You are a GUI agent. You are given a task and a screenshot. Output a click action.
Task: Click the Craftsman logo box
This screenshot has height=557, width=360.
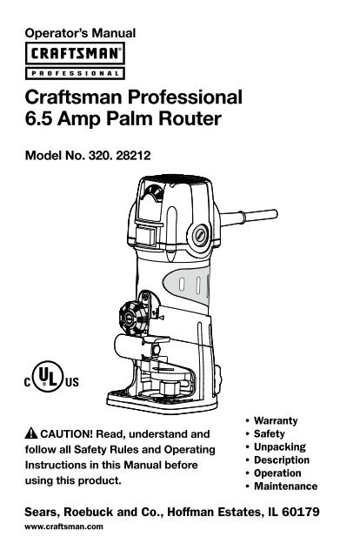coord(75,53)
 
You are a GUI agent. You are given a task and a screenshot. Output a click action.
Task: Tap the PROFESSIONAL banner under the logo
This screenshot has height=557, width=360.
coord(75,73)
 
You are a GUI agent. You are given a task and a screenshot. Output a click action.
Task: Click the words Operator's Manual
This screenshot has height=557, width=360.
coord(80,33)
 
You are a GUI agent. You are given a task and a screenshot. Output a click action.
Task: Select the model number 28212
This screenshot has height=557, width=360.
coord(133,156)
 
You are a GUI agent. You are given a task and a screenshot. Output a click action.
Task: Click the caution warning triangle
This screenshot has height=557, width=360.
coord(31,433)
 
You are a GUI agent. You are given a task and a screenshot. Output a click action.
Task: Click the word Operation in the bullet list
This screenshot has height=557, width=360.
coord(277,473)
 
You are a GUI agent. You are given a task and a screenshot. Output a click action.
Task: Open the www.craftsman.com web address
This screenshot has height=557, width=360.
coord(63,527)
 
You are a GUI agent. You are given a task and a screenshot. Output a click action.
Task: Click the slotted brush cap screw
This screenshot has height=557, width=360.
coord(201,235)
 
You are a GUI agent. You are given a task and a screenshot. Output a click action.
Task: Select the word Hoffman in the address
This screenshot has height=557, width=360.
coord(190,512)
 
